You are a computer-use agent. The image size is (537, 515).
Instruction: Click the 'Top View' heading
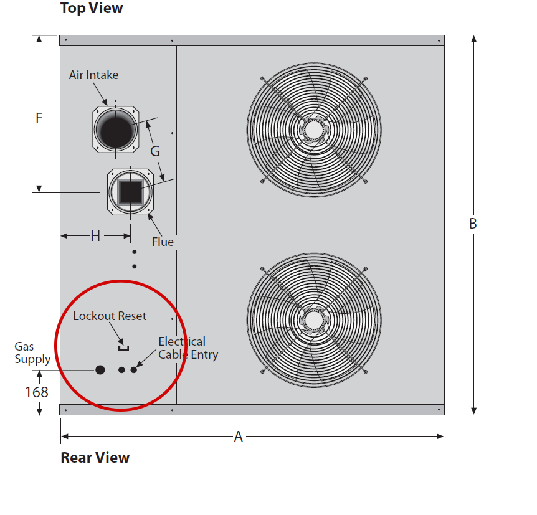92,8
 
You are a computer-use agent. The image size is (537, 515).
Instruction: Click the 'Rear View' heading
95,458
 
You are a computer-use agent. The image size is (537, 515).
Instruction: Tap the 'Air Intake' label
93,75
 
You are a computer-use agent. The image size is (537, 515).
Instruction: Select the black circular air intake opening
116,130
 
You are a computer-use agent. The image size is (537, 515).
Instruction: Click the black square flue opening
130,192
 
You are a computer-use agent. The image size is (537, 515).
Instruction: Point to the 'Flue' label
163,242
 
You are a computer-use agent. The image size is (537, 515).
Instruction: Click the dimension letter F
39,118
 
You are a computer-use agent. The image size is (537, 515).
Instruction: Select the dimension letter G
155,151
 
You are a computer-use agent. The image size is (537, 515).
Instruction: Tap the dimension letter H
95,236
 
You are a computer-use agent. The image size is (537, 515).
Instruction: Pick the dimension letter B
473,224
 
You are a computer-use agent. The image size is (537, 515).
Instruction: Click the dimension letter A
239,437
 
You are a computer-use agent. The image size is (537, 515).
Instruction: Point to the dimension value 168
37,392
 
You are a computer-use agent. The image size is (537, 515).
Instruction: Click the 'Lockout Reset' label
110,316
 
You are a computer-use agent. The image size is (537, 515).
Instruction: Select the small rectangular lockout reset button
123,348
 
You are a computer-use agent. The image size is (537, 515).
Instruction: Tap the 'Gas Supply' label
32,352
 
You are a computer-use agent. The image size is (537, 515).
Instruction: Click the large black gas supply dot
100,370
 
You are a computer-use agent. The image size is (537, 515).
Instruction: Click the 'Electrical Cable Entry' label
188,348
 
